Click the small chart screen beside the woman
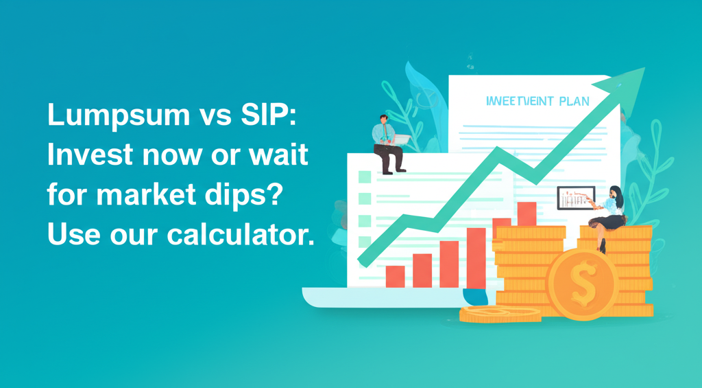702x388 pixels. coord(574,198)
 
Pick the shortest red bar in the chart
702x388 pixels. coord(396,276)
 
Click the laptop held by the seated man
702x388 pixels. coord(400,140)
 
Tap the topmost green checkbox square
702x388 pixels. coord(363,177)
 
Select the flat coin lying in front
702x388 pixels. coord(500,315)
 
